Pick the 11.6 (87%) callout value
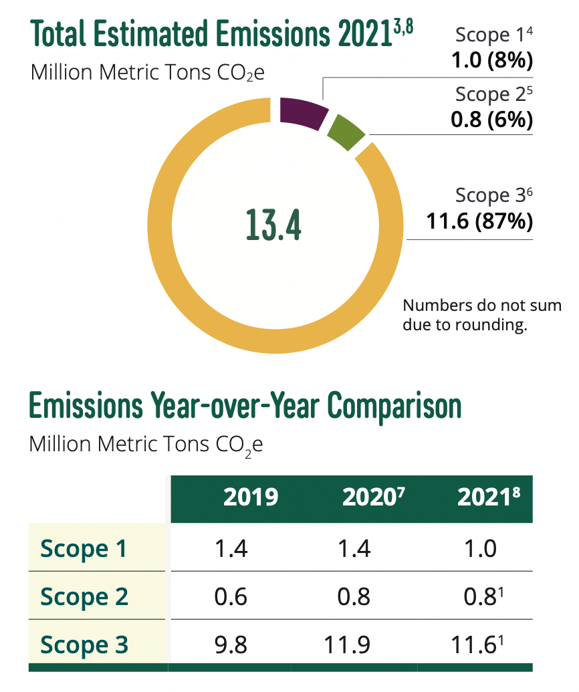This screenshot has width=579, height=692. (480, 221)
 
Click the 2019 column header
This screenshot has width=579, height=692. (251, 498)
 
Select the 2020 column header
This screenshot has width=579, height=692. (365, 498)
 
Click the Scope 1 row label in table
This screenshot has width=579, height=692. (84, 549)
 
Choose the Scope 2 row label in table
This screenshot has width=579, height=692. (84, 596)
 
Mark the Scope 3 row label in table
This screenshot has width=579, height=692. (84, 645)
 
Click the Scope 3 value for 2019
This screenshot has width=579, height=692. (231, 645)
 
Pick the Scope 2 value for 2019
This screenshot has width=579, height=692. (231, 596)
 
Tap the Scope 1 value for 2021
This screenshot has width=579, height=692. (480, 549)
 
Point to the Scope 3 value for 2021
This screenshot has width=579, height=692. (475, 645)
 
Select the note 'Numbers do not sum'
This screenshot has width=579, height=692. (482, 307)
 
